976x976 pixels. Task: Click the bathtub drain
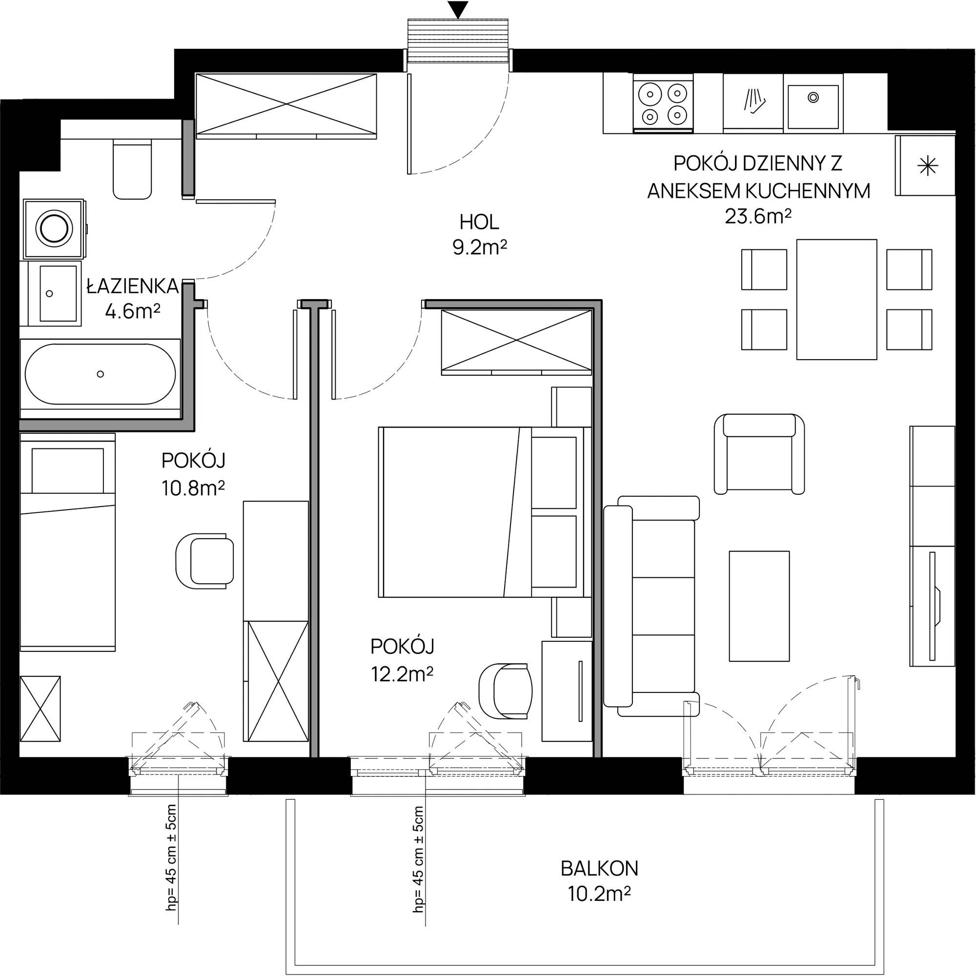coord(101,374)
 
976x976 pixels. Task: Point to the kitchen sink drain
coord(813,98)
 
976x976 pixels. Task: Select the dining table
coord(836,300)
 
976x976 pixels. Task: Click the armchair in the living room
coord(759,453)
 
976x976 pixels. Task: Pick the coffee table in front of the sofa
coord(759,606)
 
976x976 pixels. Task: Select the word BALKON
coord(600,869)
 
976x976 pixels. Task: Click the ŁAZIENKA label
coord(133,286)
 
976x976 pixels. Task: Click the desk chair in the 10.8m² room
coord(204,561)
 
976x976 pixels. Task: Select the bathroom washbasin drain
coord(49,293)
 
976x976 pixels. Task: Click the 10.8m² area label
coord(193,488)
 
